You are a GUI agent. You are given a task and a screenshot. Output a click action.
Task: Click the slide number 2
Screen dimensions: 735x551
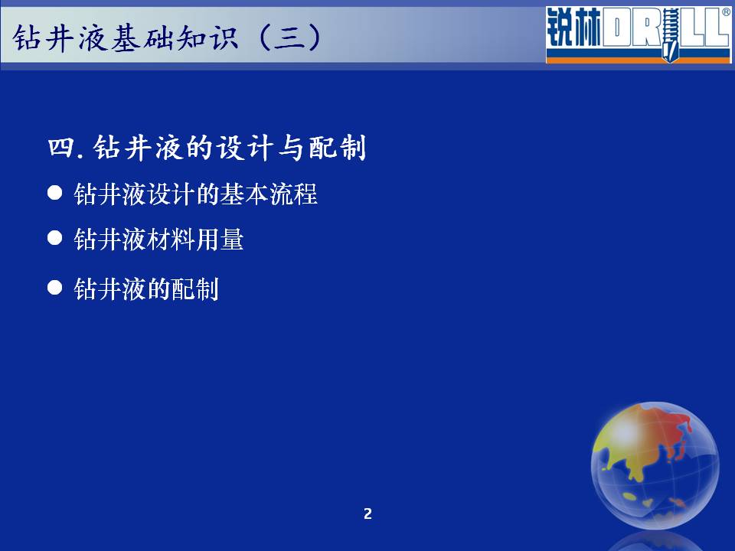(368, 514)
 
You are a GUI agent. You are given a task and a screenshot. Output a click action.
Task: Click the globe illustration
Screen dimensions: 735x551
(655, 466)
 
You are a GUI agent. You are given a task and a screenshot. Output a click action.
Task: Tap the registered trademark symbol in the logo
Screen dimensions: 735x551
(726, 12)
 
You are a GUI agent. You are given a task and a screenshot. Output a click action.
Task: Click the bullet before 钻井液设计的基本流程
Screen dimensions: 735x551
(55, 193)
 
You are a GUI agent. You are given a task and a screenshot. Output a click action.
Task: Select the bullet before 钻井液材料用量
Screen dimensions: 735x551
(55, 237)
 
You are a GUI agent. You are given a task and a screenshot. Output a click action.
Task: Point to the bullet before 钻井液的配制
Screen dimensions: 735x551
(55, 287)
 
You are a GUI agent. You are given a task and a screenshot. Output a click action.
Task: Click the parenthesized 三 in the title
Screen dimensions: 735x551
(290, 37)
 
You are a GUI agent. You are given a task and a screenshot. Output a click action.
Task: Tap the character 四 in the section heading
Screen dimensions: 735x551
(61, 147)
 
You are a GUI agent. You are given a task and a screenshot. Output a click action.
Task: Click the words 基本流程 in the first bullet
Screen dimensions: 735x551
(269, 194)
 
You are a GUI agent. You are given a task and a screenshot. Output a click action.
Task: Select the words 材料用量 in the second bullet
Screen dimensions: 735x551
(195, 239)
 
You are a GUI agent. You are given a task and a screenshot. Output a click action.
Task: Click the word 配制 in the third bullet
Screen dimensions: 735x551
(195, 289)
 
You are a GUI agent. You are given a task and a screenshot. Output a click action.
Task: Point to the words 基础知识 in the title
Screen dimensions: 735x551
(175, 37)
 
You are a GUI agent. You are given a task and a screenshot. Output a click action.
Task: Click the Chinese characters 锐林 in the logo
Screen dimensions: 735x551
(573, 28)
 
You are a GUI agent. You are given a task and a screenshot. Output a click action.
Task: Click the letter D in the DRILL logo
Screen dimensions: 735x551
(616, 28)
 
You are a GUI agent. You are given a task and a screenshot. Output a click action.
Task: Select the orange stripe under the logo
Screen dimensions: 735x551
(638, 60)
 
